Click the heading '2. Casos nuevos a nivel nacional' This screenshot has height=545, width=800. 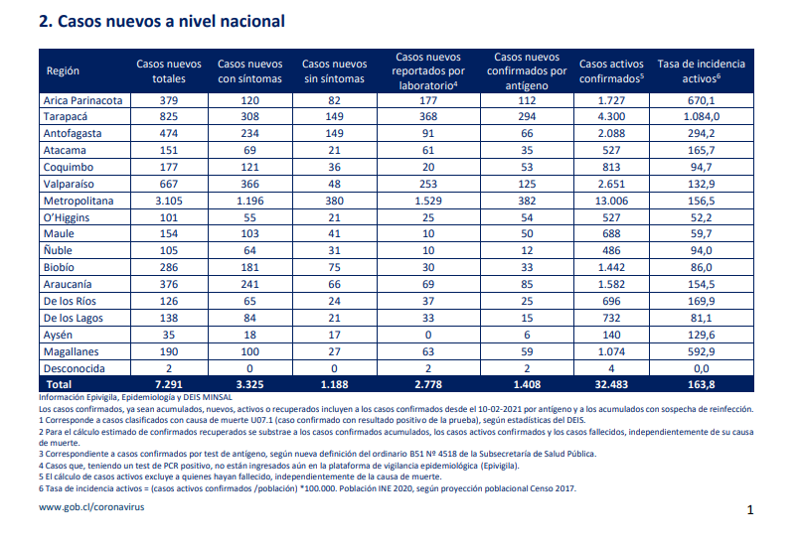pos(162,22)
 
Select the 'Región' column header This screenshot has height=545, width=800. pos(63,70)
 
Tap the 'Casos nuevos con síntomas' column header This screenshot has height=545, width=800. pos(250,71)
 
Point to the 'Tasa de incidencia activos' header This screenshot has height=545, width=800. pos(701,71)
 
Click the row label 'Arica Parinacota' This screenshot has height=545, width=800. pos(82,100)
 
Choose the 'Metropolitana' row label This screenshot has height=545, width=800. pos(79,201)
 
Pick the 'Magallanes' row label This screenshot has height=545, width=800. pos(71,351)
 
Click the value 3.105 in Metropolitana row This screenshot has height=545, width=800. pos(169,201)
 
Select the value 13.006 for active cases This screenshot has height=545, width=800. pos(611,201)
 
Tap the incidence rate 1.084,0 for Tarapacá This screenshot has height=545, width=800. pos(701,117)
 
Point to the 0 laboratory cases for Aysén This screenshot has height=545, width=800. pos(428,335)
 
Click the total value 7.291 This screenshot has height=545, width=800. pos(169,384)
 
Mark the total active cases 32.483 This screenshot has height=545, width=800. pos(611,384)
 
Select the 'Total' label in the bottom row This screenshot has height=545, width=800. pos(59,384)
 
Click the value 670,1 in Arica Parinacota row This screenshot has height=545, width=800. pos(701,100)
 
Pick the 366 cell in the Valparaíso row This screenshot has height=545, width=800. pos(250,184)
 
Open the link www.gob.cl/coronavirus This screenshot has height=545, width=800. pos(91,507)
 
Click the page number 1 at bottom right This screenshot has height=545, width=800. pos(750,510)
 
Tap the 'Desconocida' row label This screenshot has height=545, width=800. pos(74,368)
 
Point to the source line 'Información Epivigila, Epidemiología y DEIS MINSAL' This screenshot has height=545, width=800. pos(135,398)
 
